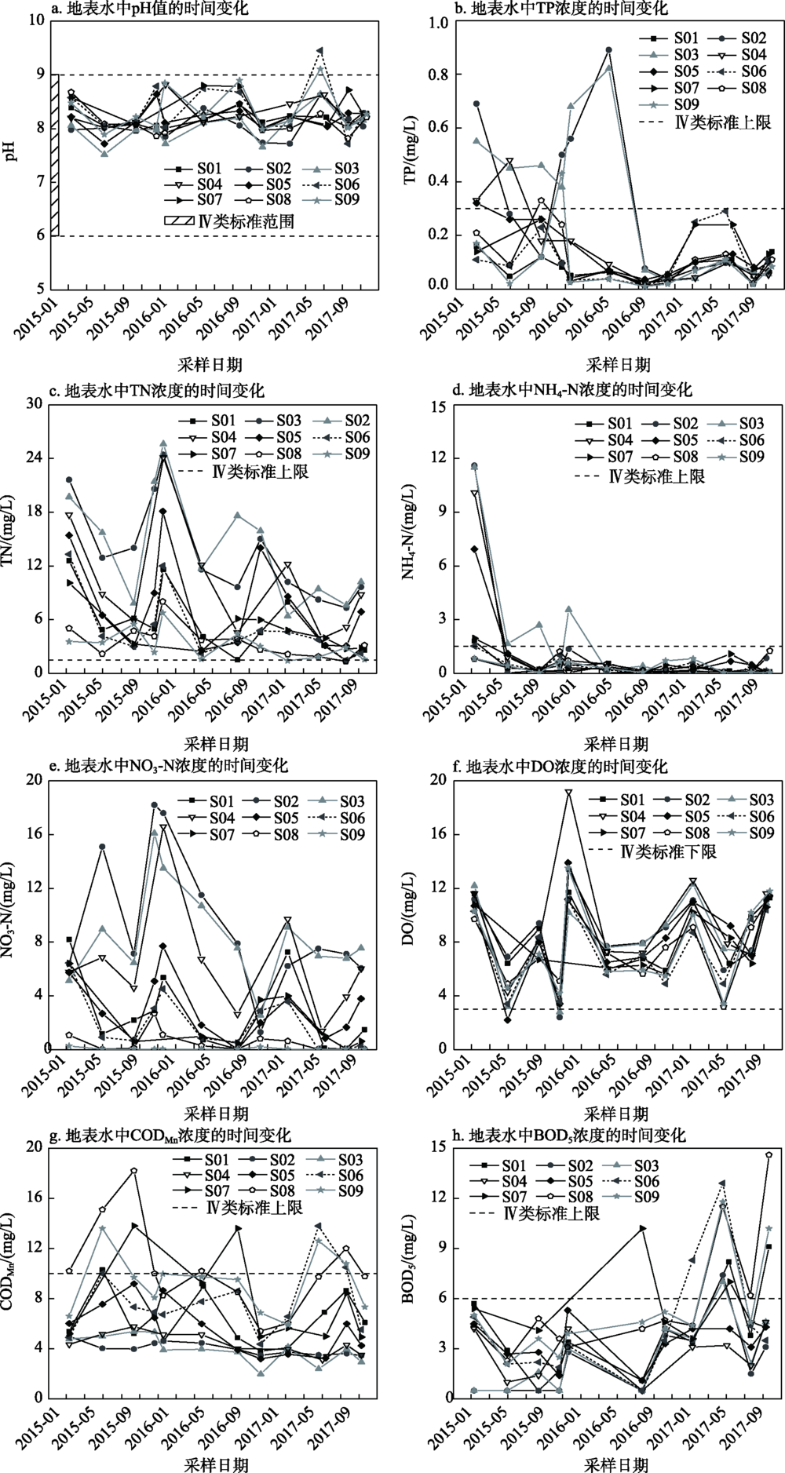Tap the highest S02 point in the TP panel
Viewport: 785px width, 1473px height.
(x=609, y=50)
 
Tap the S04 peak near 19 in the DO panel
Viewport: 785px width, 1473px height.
(x=568, y=793)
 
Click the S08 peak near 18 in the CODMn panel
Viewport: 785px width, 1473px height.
(x=134, y=1171)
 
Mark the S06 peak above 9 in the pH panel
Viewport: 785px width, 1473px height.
(x=319, y=51)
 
